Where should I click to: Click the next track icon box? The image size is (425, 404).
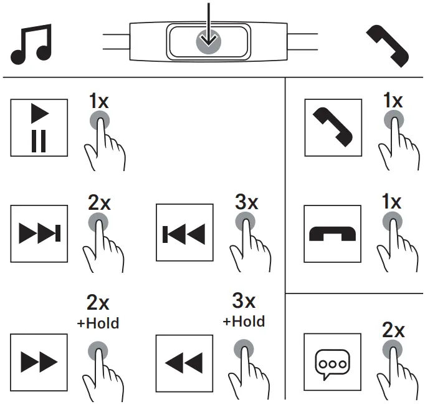tap(39, 233)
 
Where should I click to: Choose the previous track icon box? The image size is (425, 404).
tap(183, 233)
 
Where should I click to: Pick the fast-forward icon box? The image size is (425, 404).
tap(39, 360)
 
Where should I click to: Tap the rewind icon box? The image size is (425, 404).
tap(183, 360)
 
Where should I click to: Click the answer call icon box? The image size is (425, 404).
tap(332, 128)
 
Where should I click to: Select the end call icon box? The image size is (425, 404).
tap(332, 233)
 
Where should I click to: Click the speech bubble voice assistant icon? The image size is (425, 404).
tap(332, 361)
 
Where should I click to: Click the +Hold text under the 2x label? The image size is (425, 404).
tap(98, 323)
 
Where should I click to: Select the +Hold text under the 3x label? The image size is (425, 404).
tap(244, 322)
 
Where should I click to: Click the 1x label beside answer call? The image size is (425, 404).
tap(393, 100)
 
